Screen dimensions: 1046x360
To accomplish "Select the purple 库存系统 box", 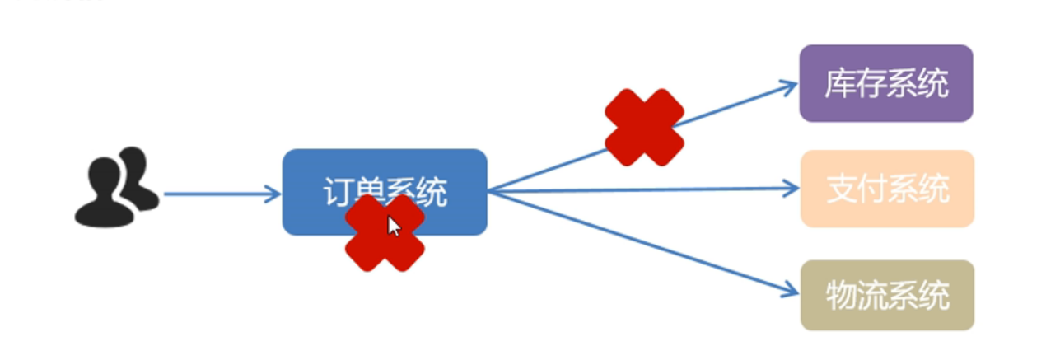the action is coord(886,83).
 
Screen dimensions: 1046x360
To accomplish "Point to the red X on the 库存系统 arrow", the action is coord(644,127).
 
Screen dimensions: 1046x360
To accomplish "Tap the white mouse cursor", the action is coord(395,227).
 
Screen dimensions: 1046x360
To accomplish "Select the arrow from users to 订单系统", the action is coord(214,194).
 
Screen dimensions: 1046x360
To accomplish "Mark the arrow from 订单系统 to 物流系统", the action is coord(642,242).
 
